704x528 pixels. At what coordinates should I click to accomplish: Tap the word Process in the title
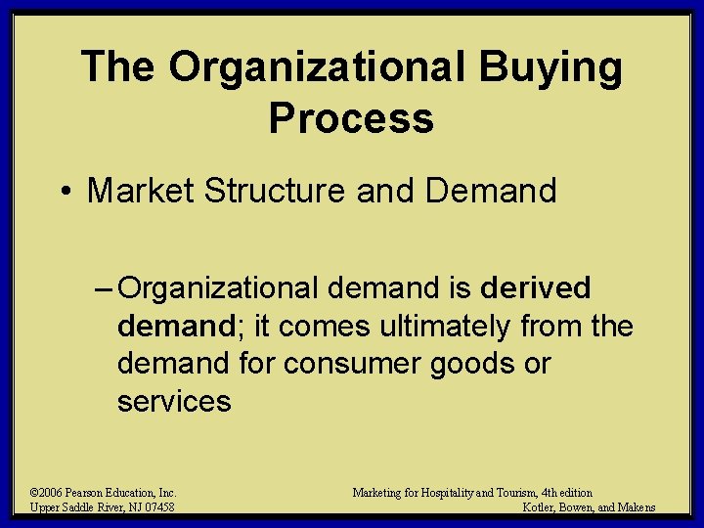point(351,118)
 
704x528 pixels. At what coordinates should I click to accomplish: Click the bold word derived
point(536,288)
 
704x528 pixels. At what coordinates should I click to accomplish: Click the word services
point(174,401)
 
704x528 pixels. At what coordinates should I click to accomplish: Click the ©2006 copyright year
point(46,493)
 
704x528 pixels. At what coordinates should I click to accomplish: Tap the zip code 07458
point(157,507)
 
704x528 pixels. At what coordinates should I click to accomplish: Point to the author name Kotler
point(540,507)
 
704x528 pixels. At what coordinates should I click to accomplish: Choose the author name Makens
point(637,507)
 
